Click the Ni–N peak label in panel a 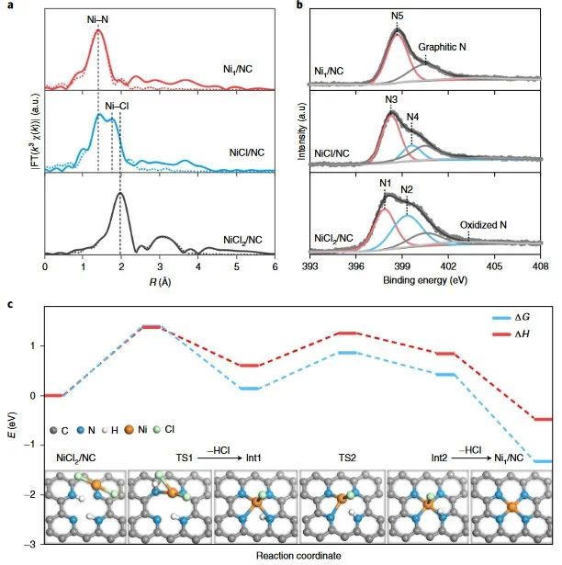point(97,17)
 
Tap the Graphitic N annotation point(444,45)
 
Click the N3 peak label point(392,99)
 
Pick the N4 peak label point(414,116)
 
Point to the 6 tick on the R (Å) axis point(275,266)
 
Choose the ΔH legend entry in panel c point(524,334)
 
